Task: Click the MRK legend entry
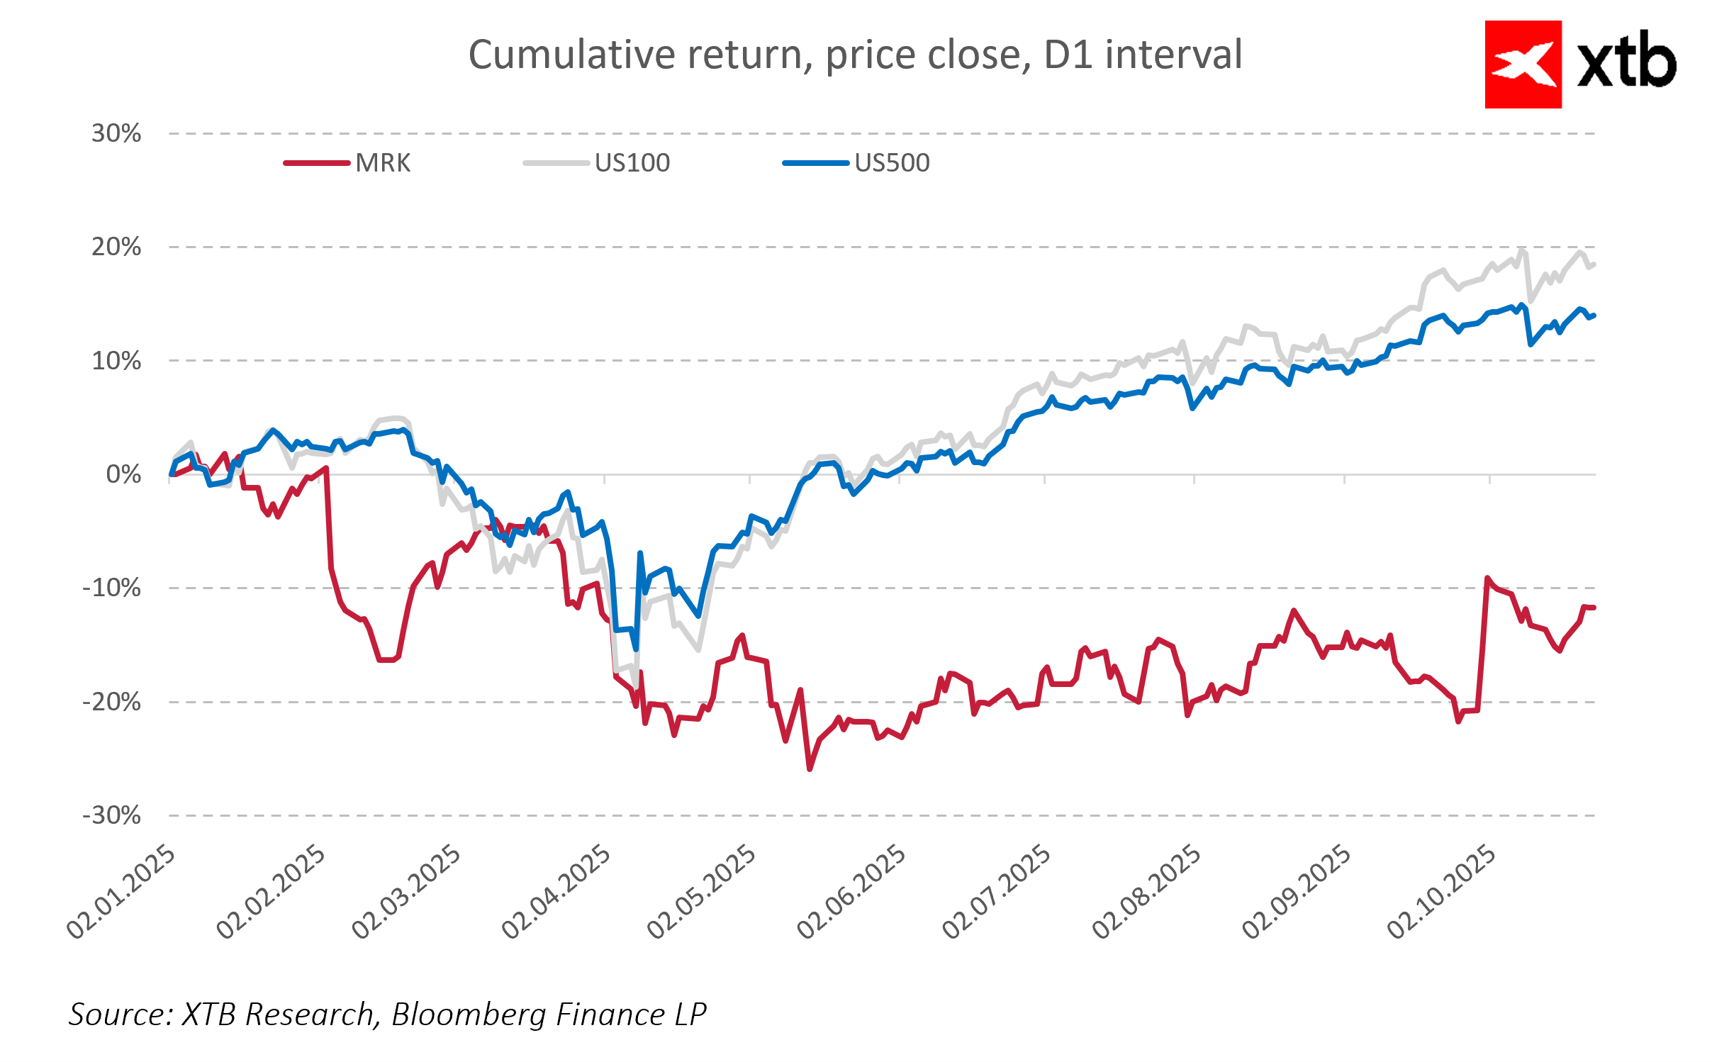[x=382, y=163]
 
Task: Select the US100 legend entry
[x=632, y=163]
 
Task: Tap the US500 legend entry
[x=891, y=163]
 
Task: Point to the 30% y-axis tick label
[x=116, y=133]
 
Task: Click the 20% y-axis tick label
[x=116, y=247]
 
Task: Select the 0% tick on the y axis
[x=123, y=474]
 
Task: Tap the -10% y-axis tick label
[x=112, y=588]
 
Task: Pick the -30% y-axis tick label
[x=112, y=815]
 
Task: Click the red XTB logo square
[x=1523, y=65]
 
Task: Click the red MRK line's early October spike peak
[x=1487, y=578]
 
